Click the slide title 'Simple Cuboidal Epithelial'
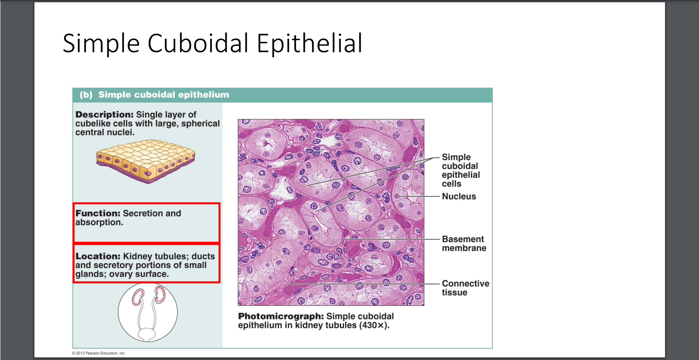(x=212, y=43)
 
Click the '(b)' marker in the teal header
(x=86, y=95)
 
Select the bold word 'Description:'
(x=104, y=115)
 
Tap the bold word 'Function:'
(x=98, y=213)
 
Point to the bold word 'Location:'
(x=98, y=256)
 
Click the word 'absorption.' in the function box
(x=99, y=222)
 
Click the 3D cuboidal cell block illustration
(x=146, y=161)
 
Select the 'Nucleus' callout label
(x=459, y=196)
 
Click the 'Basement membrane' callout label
(x=464, y=243)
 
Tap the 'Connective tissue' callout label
(x=465, y=288)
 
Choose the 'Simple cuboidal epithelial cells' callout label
(x=460, y=170)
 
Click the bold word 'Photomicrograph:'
(x=281, y=316)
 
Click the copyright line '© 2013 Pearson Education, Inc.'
(x=99, y=353)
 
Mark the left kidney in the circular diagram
(x=138, y=297)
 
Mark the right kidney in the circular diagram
(x=160, y=295)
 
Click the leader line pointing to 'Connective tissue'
(x=363, y=284)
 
